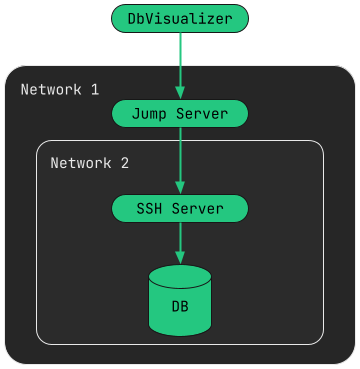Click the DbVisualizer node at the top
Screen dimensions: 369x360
tap(180, 18)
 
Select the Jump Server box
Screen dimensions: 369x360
tap(180, 113)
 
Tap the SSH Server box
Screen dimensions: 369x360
tap(180, 209)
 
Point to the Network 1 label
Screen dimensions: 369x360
tap(59, 90)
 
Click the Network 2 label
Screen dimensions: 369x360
tap(89, 162)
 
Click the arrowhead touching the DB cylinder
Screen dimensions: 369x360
tap(180, 258)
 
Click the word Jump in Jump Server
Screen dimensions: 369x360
tap(150, 113)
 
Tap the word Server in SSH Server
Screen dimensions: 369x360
tap(198, 209)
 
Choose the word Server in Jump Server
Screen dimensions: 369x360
tap(202, 113)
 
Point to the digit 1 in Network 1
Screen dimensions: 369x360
tap(94, 90)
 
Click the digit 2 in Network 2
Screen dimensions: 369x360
tap(124, 162)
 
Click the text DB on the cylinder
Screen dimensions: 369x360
tap(180, 306)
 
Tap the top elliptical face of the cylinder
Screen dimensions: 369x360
tap(180, 275)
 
